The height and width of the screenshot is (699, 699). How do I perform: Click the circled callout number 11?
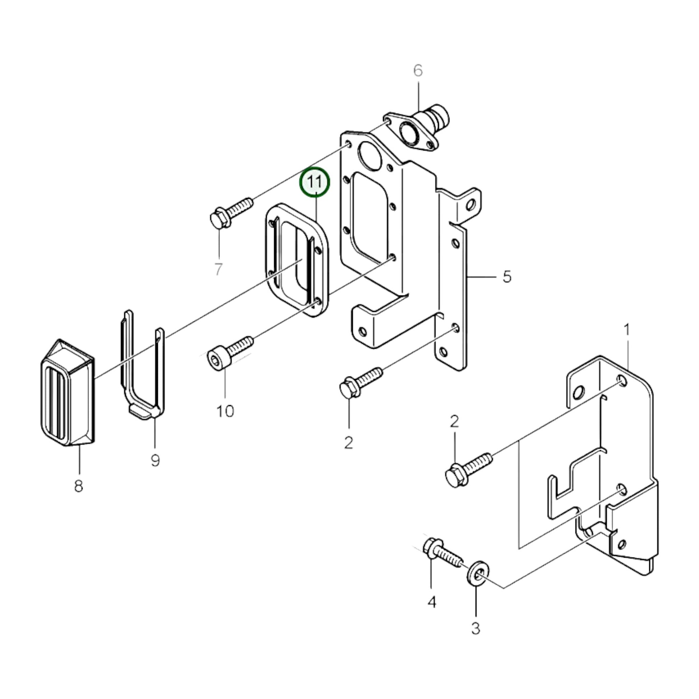[314, 182]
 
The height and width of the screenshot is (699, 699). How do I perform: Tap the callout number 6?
[418, 70]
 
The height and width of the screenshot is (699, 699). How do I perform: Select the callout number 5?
[507, 277]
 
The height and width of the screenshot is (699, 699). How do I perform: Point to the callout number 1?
[627, 330]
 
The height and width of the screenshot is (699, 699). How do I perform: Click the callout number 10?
[225, 411]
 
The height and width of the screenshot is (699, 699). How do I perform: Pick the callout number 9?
[155, 460]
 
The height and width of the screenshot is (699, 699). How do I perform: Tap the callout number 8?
[79, 486]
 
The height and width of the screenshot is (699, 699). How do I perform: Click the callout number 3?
[476, 629]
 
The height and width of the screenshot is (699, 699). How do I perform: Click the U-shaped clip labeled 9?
[142, 365]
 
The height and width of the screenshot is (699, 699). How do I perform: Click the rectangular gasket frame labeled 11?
[297, 260]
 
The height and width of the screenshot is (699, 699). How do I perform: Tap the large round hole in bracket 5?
[369, 156]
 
